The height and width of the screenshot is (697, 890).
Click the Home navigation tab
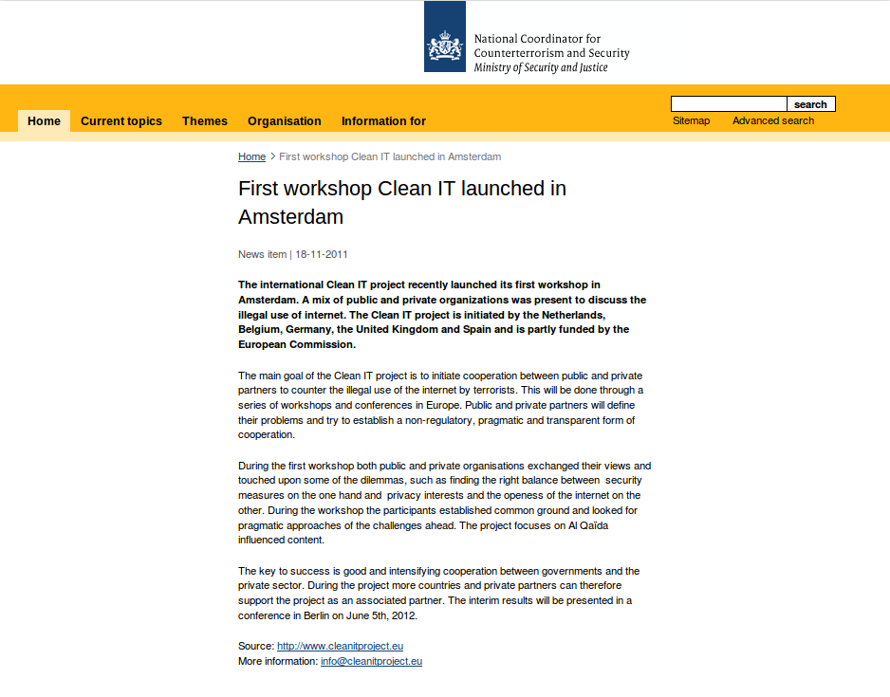click(44, 121)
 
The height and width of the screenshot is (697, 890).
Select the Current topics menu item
click(121, 121)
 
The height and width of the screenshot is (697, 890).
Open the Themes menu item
click(205, 121)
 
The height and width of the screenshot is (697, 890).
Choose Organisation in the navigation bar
click(285, 121)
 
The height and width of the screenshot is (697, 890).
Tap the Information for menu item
click(383, 121)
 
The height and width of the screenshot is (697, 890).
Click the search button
click(810, 104)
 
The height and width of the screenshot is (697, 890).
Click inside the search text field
click(729, 104)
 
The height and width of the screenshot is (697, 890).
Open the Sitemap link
click(691, 120)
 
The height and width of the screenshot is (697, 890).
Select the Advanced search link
click(773, 120)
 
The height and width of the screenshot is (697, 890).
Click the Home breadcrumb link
click(251, 156)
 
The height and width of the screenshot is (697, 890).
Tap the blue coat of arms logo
click(445, 37)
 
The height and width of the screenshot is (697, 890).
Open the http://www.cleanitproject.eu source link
click(341, 646)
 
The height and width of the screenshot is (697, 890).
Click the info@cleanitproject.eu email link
click(371, 661)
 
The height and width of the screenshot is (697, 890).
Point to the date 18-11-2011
click(322, 254)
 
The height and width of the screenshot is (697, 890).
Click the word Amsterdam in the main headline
click(290, 217)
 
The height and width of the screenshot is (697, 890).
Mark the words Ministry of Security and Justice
click(541, 68)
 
